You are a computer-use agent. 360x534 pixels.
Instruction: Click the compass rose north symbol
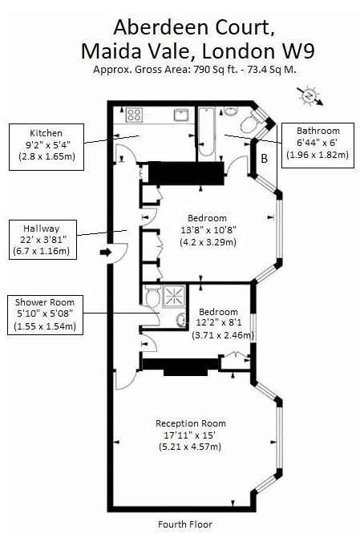[x=309, y=96]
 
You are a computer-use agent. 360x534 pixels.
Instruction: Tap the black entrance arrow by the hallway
[x=106, y=253]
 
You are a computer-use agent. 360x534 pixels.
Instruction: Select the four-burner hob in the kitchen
[x=134, y=115]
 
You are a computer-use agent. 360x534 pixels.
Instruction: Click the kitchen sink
[x=180, y=115]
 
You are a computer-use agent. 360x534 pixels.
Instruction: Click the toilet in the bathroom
[x=251, y=123]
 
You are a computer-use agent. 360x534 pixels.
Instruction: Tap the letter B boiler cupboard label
[x=264, y=159]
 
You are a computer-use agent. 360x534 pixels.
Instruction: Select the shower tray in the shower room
[x=174, y=297]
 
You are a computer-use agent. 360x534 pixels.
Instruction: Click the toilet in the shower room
[x=153, y=296]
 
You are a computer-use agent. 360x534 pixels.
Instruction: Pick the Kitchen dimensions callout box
[x=47, y=147]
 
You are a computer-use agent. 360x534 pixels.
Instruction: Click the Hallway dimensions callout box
[x=42, y=240]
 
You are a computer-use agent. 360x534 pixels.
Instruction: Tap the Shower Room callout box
[x=45, y=315]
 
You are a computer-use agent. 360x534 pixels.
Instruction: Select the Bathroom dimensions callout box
[x=318, y=145]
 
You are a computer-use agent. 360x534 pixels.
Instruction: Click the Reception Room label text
[x=191, y=423]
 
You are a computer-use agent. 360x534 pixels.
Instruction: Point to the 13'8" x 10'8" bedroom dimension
[x=208, y=230]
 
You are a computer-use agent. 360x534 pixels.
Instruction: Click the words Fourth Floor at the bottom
[x=185, y=524]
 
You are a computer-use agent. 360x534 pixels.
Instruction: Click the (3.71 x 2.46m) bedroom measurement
[x=223, y=335]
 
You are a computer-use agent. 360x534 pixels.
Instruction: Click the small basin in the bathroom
[x=231, y=111]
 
